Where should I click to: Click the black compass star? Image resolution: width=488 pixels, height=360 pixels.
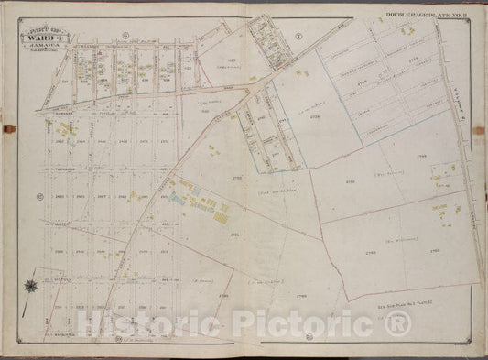click(33, 285)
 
